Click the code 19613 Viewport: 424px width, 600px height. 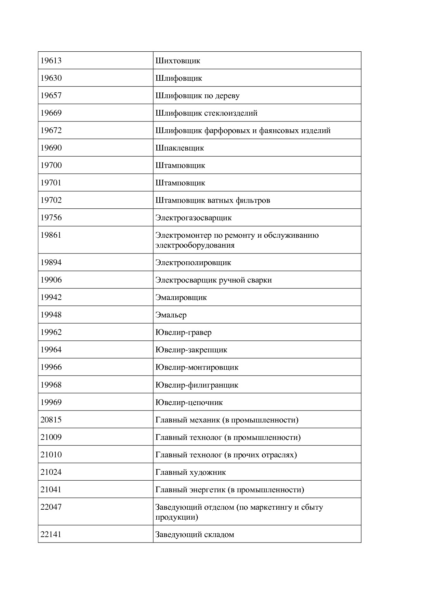tap(51, 61)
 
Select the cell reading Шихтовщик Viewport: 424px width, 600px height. tap(178, 61)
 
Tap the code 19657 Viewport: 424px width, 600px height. tap(51, 95)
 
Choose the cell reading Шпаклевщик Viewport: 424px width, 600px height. tap(180, 148)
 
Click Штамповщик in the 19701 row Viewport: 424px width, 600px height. tap(180, 183)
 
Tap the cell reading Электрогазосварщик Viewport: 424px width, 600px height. tap(194, 218)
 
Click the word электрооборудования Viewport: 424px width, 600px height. tap(195, 245)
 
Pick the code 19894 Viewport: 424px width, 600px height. tap(51, 262)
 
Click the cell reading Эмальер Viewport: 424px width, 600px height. tap(171, 315)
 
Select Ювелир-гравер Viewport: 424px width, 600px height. tap(183, 332)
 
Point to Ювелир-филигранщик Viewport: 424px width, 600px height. tap(197, 385)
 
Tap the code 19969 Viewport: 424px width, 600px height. tap(51, 402)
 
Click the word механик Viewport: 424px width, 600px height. tap(204, 420)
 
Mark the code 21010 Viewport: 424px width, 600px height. tap(51, 455)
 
